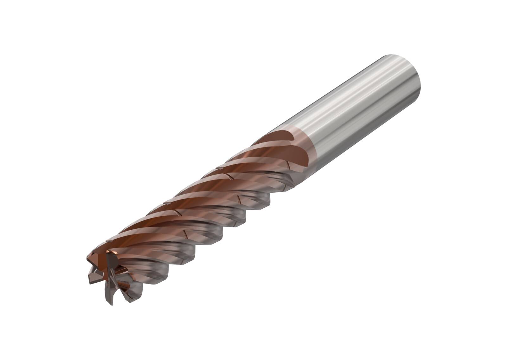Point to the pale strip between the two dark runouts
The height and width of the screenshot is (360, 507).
[285, 146]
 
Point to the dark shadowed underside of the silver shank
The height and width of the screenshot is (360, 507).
[364, 133]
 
